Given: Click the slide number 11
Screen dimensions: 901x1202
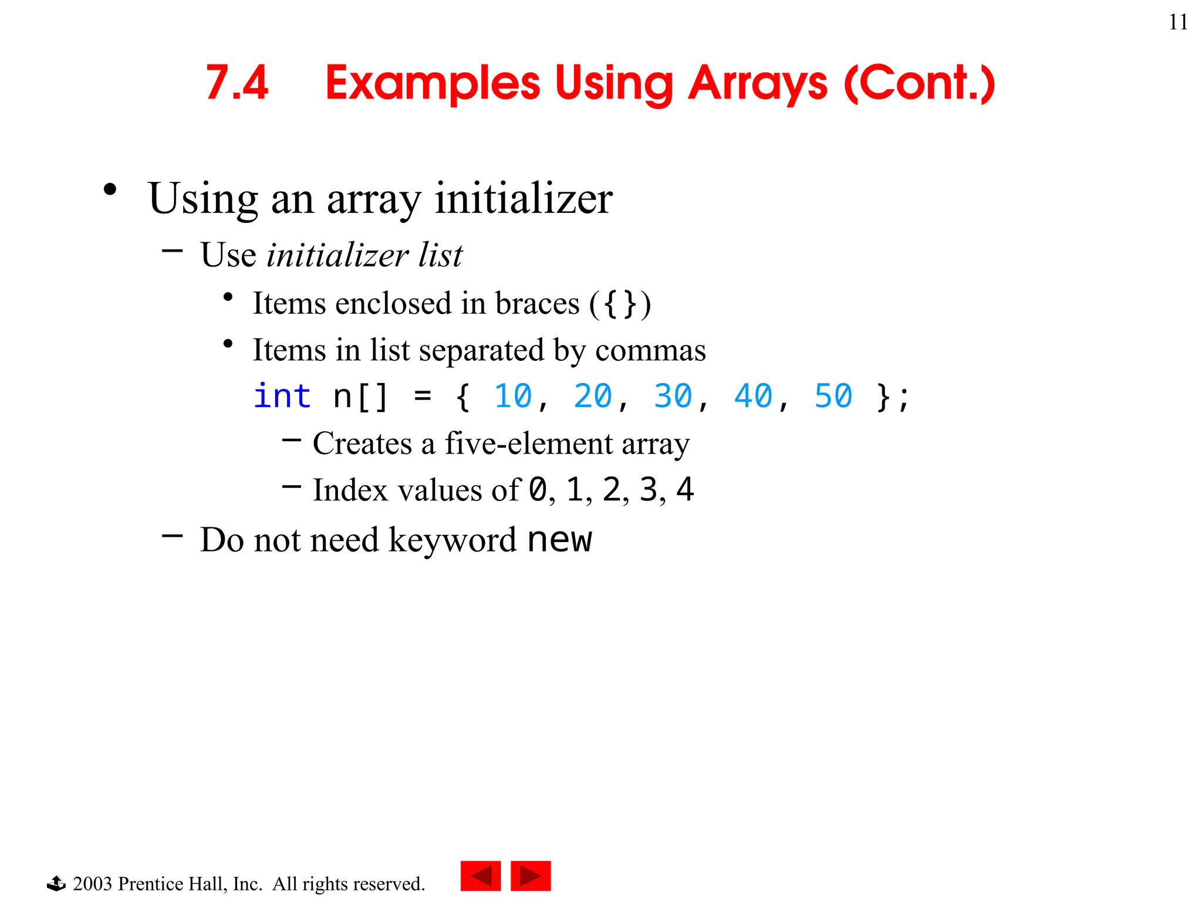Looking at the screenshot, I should [x=1178, y=22].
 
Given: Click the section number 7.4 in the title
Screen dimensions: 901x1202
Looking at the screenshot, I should [x=237, y=83].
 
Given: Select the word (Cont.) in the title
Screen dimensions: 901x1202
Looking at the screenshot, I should [x=919, y=84].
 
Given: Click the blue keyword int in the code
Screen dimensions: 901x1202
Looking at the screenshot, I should [x=282, y=396].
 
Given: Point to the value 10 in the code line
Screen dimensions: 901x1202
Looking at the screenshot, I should [x=512, y=396].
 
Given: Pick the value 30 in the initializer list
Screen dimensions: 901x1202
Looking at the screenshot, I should [x=673, y=396].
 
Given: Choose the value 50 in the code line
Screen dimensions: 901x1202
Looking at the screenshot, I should [x=833, y=396].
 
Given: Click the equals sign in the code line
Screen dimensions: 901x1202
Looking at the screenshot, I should [x=423, y=397].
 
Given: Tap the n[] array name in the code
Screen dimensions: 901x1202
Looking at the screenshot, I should [x=360, y=397].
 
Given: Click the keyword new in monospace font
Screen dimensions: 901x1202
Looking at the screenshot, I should [x=559, y=540].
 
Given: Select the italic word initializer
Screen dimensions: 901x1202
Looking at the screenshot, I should [x=337, y=255].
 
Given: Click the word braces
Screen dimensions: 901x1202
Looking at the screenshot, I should [x=537, y=304].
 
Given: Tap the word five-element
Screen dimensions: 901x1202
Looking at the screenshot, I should [x=528, y=443].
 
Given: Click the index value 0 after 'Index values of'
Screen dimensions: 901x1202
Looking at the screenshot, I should [x=538, y=490].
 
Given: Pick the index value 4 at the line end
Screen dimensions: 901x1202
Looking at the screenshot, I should [x=685, y=490].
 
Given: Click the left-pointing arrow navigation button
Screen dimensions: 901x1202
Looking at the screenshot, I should [x=481, y=876].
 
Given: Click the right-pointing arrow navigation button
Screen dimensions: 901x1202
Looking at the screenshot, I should [x=531, y=876].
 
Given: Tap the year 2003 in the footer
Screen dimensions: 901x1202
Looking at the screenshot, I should [x=92, y=883].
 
